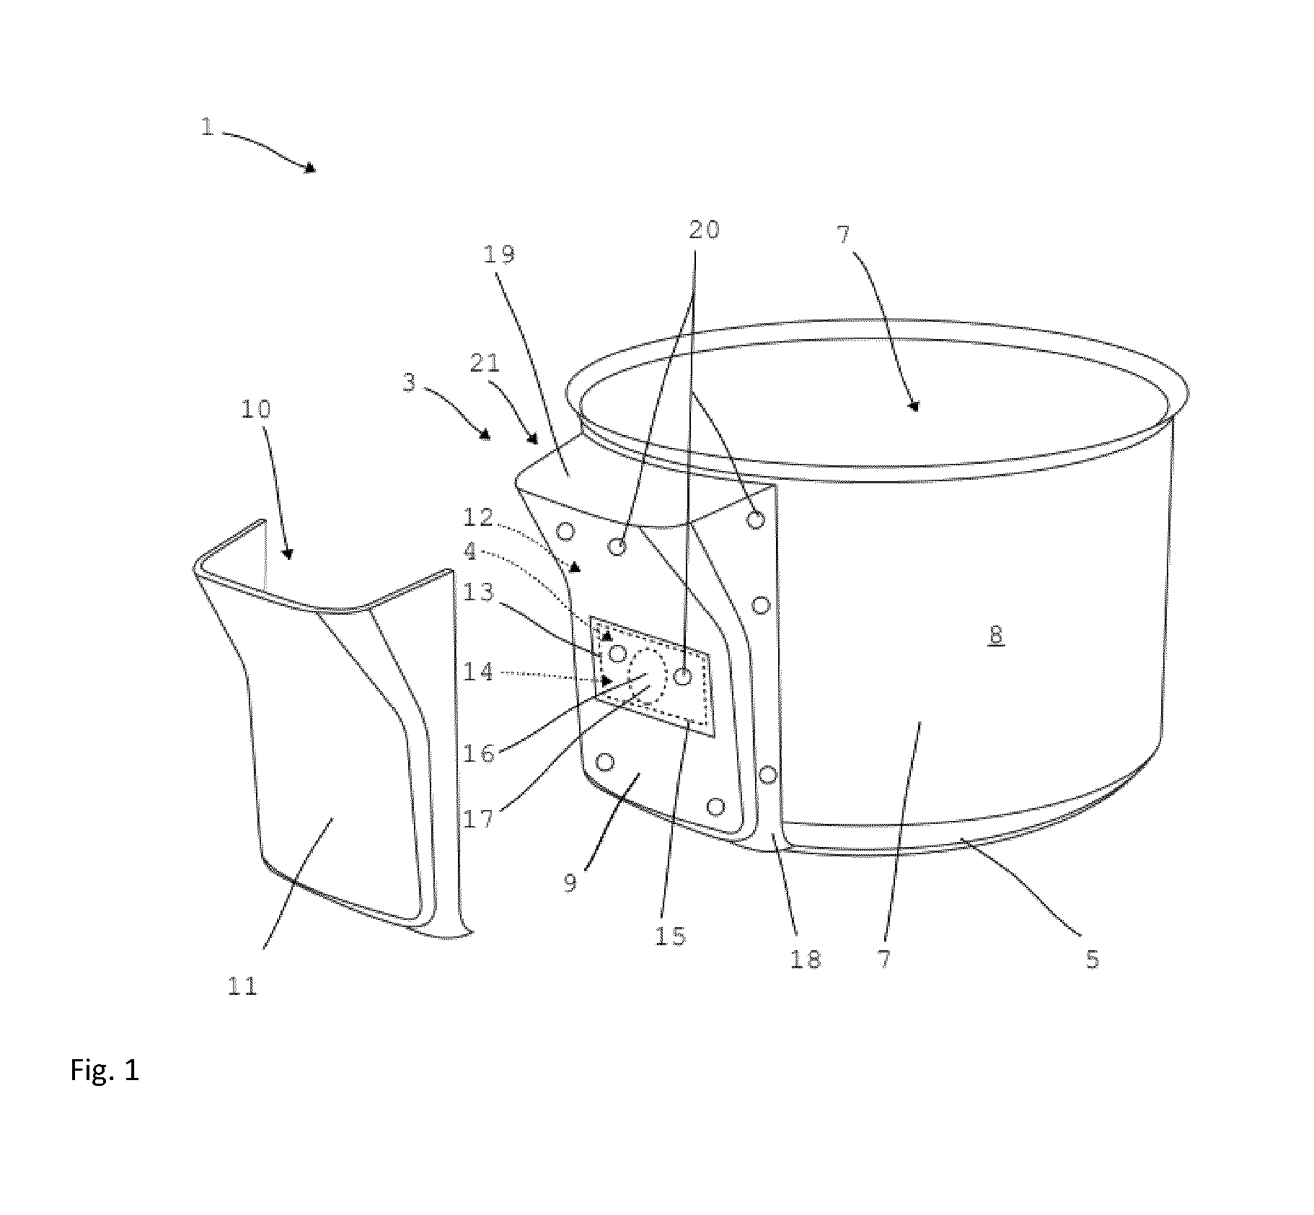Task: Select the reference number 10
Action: coord(255,409)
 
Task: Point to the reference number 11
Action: coord(242,986)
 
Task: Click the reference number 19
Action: coord(500,254)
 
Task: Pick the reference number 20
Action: coord(704,229)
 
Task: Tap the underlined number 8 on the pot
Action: coord(996,635)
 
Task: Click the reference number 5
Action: coord(1093,958)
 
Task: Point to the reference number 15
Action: coord(671,936)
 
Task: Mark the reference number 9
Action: coord(570,882)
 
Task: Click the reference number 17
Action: coord(478,819)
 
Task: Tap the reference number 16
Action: coord(478,753)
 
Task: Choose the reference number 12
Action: coord(478,517)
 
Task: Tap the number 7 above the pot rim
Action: coord(845,234)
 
